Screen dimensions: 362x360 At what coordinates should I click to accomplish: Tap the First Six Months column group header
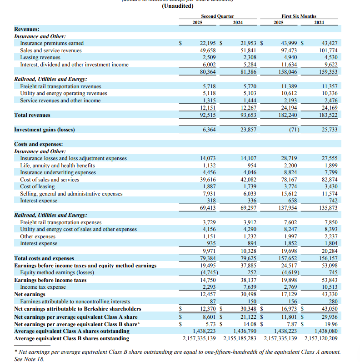click(x=299, y=16)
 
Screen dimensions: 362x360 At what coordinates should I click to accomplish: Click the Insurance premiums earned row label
click(x=52, y=43)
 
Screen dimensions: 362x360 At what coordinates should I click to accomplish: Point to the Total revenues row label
click(x=32, y=115)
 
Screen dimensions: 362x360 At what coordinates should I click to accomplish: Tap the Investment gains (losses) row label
click(x=45, y=130)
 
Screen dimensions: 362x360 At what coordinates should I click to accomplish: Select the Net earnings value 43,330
click(x=329, y=294)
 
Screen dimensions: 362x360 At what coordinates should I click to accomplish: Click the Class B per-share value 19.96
click(x=331, y=324)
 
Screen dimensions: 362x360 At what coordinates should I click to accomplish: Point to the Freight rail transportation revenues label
click(x=60, y=86)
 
